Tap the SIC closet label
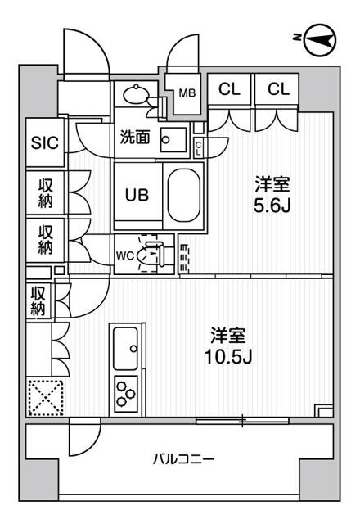(45, 142)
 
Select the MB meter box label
(188, 93)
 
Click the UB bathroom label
(136, 196)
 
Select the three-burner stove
(126, 392)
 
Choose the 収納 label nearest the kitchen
(38, 301)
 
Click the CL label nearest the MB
(228, 89)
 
